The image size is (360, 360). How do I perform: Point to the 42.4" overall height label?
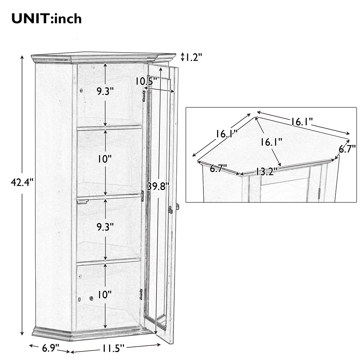[x=22, y=183]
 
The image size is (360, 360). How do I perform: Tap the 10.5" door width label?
[x=146, y=81]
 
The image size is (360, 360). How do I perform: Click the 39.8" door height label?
[x=158, y=186]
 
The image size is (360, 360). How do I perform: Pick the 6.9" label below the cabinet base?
[x=50, y=348]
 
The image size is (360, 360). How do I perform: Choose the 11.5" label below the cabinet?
[x=113, y=349]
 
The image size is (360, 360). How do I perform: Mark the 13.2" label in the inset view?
[x=266, y=171]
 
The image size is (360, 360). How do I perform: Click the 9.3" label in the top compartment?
[x=105, y=91]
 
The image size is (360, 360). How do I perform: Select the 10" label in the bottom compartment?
[x=104, y=294]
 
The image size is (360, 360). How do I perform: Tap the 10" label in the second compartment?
[x=104, y=159]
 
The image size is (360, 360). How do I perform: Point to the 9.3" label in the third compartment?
[x=105, y=227]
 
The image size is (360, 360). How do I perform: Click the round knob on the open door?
[x=177, y=206]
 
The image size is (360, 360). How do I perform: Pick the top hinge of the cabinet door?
[x=144, y=96]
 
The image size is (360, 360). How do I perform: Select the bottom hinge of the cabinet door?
[x=141, y=294]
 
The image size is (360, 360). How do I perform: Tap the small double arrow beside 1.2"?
[x=183, y=57]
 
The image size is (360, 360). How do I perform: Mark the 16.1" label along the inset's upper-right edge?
[x=302, y=121]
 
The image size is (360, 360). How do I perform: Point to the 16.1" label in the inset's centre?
[x=271, y=142]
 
